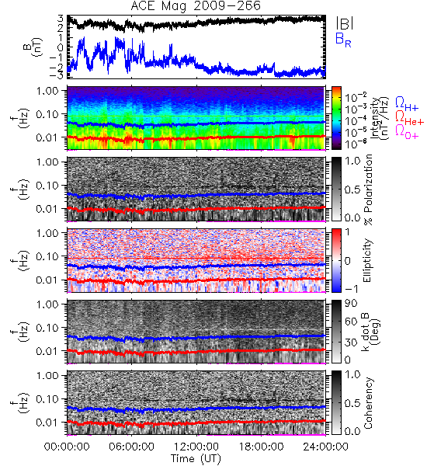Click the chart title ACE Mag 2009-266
196,6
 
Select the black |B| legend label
345,23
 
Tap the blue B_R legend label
343,40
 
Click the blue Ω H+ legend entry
407,104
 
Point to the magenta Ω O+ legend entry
407,132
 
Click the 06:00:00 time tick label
131,447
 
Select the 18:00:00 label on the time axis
261,447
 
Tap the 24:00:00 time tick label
325,447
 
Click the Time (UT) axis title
196,459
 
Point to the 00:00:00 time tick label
67,447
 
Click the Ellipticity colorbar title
367,261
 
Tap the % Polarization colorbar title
367,190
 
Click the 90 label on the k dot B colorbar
351,304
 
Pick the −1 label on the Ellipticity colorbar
351,289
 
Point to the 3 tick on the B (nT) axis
60,18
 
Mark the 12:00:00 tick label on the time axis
196,447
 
